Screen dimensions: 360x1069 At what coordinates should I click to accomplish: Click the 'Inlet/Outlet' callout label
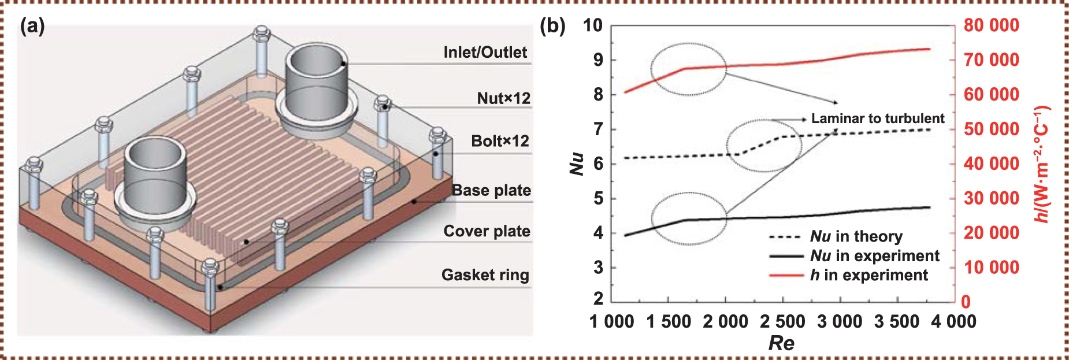tap(485, 53)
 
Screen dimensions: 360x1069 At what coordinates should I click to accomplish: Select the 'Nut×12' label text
tap(503, 98)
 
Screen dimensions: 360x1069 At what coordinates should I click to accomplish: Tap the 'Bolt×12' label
tap(500, 141)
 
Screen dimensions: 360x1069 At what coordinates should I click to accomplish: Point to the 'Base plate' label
tap(491, 191)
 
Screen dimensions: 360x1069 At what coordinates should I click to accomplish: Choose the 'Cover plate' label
tap(487, 231)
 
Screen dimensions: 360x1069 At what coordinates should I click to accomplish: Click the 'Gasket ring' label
tap(485, 275)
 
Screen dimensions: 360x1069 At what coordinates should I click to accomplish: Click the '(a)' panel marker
tap(32, 26)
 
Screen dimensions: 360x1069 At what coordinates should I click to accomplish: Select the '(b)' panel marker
tap(552, 26)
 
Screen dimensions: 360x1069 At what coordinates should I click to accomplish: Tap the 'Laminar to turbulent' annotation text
tap(877, 118)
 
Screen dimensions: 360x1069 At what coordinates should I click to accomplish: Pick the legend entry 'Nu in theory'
tap(856, 236)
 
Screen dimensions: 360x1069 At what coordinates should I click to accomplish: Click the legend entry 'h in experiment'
tap(868, 275)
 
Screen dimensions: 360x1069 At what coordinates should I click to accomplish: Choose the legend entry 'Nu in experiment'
tap(874, 256)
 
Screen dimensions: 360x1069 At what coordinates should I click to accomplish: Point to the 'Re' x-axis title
tap(781, 343)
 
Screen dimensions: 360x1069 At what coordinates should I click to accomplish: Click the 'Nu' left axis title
tap(577, 164)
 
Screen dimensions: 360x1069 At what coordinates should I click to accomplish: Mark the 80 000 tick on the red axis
tap(991, 25)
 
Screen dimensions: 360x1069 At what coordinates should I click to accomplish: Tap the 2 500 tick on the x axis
tap(782, 322)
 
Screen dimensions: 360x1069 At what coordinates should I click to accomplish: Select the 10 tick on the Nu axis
tap(592, 25)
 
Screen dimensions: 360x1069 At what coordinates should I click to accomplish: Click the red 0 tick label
tap(966, 302)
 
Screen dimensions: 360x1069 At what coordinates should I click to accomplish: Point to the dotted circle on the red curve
tap(689, 69)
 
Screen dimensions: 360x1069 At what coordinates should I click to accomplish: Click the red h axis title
tap(1041, 164)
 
